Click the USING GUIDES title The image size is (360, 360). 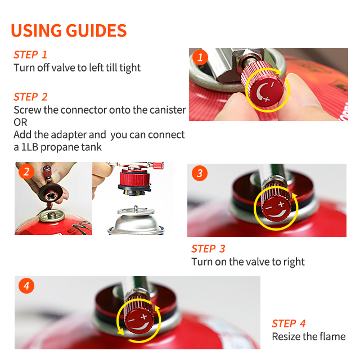click(69, 30)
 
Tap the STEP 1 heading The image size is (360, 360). click(30, 55)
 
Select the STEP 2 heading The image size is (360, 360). click(30, 97)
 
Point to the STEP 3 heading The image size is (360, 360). click(208, 249)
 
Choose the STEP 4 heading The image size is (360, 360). click(289, 324)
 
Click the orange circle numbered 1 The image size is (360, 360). click(200, 57)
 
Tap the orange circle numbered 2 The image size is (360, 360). click(26, 172)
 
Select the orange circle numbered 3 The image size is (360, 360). click(200, 173)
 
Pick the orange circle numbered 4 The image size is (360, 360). click(26, 286)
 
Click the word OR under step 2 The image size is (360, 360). click(20, 123)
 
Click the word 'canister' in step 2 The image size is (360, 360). click(168, 110)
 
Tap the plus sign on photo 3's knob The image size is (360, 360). click(281, 204)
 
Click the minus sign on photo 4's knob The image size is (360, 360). click(131, 320)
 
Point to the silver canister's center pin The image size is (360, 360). click(136, 209)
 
